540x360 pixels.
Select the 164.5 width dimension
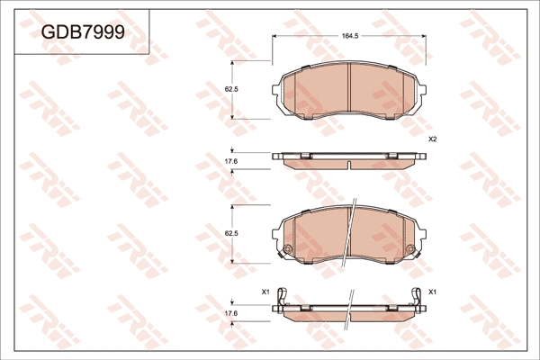tap(350, 36)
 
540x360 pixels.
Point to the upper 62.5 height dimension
tap(230, 89)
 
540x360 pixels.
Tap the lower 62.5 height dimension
tap(230, 233)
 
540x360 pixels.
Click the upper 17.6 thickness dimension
tap(230, 161)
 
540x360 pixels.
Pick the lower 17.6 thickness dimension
tap(230, 312)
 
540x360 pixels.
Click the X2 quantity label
tap(432, 139)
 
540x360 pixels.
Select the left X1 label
tap(265, 292)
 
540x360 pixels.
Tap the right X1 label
tap(432, 292)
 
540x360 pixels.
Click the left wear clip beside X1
tap(283, 297)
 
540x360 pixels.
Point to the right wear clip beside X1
tap(417, 297)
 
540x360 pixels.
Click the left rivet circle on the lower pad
tap(287, 248)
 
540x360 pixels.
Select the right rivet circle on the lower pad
tap(411, 248)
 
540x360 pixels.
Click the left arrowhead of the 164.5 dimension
tap(275, 36)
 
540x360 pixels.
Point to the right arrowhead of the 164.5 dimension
tap(424, 36)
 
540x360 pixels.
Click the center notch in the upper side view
tap(349, 164)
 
